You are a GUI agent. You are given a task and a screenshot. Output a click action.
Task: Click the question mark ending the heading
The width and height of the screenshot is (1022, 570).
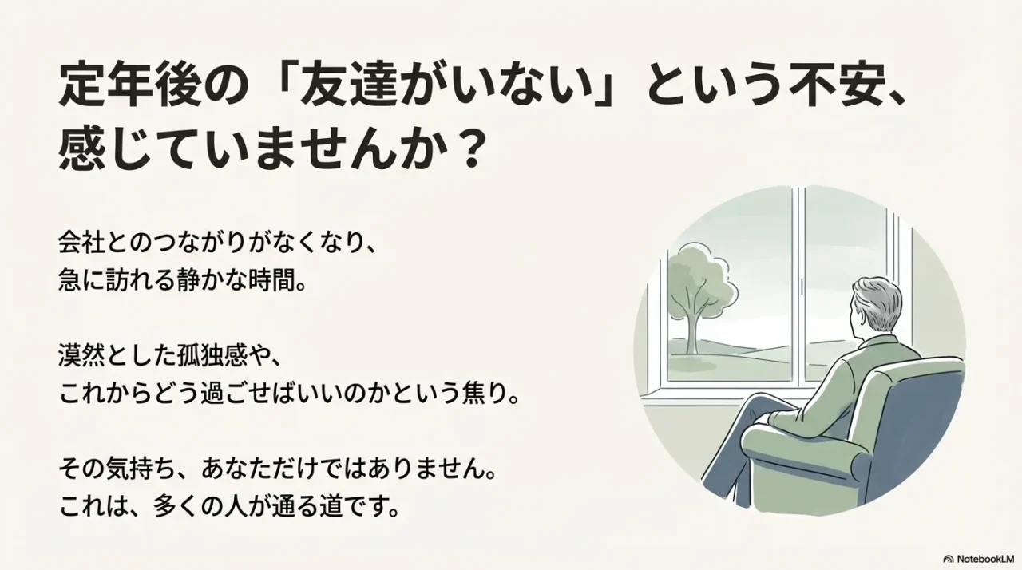pyautogui.click(x=469, y=149)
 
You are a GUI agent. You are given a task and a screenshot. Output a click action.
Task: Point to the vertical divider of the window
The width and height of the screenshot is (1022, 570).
pyautogui.click(x=798, y=287)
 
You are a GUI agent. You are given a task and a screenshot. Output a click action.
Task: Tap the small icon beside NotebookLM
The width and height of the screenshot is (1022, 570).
pyautogui.click(x=949, y=559)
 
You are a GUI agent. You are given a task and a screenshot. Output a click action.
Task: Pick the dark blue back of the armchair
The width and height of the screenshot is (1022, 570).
pyautogui.click(x=926, y=415)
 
